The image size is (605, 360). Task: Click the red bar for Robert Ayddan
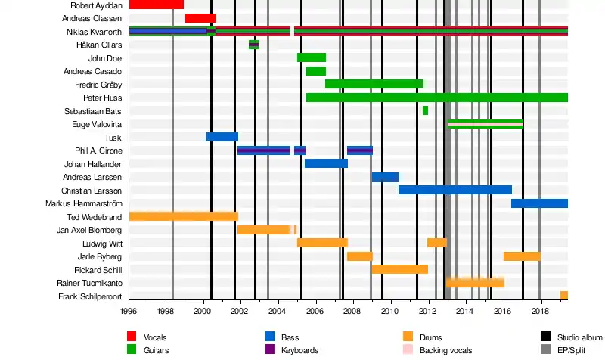[156, 5]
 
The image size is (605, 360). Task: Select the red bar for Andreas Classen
[200, 18]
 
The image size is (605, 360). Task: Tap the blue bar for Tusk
[222, 137]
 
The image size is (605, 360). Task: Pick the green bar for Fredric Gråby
[374, 84]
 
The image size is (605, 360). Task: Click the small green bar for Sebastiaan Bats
[425, 110]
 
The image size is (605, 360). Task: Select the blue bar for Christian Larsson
[455, 190]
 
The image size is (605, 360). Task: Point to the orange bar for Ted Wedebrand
[183, 216]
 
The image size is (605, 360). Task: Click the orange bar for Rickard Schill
[399, 269]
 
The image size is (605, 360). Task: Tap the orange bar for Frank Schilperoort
[564, 296]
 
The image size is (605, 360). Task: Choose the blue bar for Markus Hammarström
[539, 203]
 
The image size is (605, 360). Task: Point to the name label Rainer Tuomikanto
[90, 283]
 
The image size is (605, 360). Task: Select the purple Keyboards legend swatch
[269, 350]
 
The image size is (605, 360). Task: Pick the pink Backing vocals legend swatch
[408, 350]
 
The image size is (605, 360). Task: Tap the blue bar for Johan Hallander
[326, 163]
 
